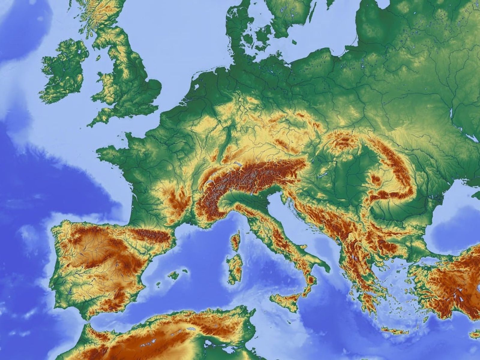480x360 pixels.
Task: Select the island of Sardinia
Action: pyautogui.click(x=235, y=267)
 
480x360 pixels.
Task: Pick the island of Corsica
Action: pyautogui.click(x=236, y=240)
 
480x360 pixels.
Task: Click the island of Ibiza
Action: pyautogui.click(x=158, y=284)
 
